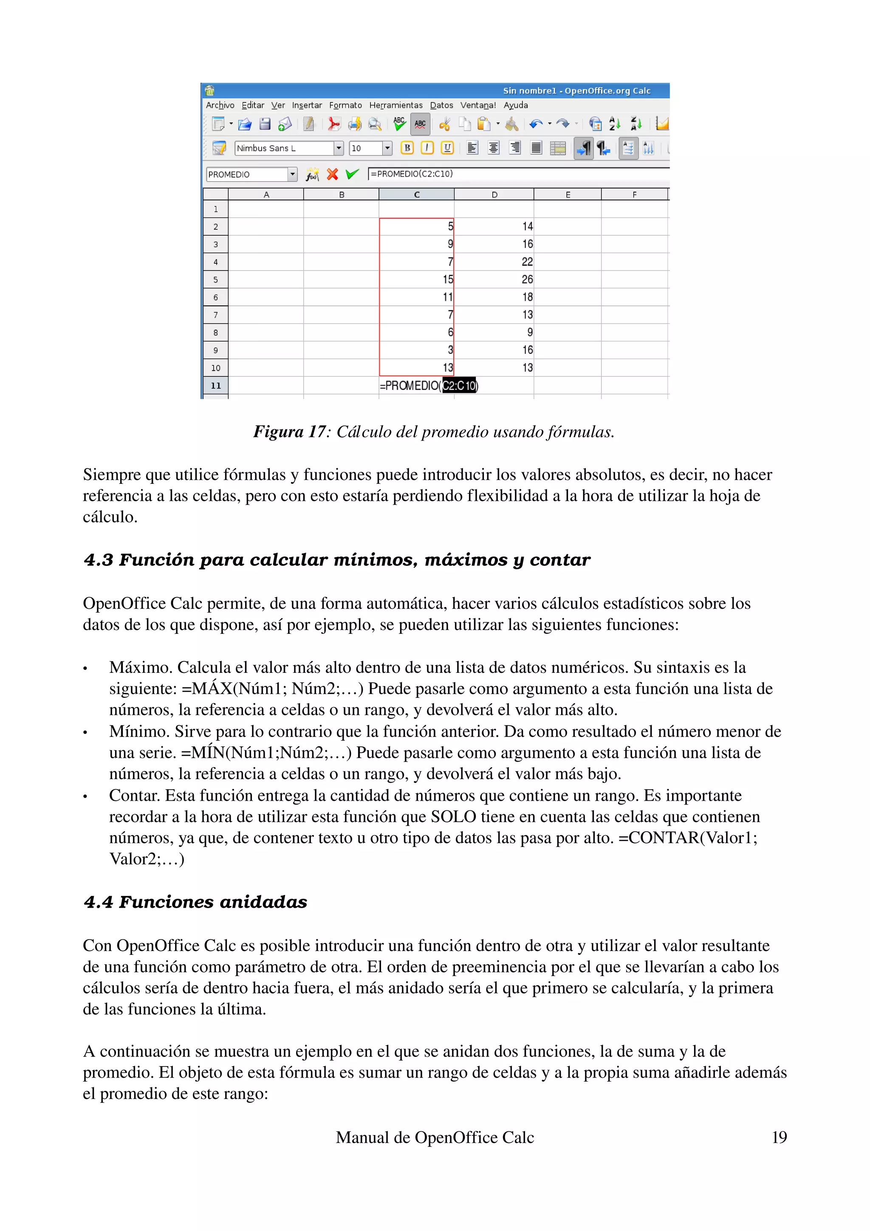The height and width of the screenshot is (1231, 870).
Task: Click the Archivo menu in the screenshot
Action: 220,105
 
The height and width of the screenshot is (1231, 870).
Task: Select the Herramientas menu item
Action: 395,105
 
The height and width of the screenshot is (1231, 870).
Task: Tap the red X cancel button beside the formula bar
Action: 332,174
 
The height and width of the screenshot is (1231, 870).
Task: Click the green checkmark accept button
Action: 352,174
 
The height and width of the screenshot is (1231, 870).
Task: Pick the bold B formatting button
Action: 407,148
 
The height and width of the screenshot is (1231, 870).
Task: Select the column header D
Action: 494,195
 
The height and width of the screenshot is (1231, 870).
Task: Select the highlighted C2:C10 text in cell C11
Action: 459,386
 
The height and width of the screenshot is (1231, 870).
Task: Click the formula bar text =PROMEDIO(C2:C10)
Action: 412,174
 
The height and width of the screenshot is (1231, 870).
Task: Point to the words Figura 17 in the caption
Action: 289,432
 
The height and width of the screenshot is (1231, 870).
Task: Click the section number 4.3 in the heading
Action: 99,560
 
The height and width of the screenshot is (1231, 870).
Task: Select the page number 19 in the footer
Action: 779,1137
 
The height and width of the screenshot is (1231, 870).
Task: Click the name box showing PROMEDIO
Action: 246,175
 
